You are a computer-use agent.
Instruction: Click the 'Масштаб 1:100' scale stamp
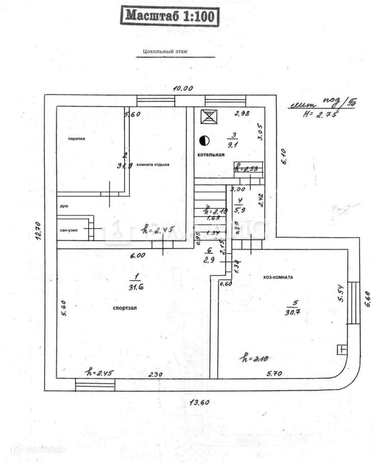170,16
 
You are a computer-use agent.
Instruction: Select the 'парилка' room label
77,138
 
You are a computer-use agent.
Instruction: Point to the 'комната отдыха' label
153,165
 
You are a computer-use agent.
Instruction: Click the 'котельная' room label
211,154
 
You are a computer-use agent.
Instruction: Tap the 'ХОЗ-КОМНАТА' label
278,277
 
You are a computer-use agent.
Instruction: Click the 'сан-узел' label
69,230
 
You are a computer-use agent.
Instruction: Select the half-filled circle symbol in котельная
205,139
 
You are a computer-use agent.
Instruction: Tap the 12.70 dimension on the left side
39,231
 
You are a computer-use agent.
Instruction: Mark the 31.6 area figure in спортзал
135,287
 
